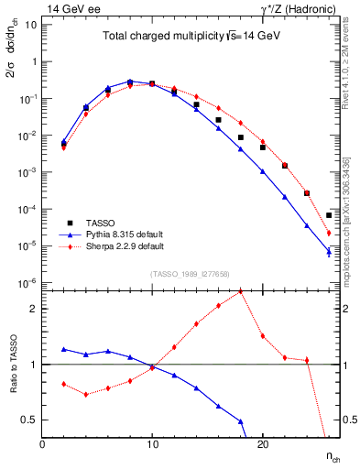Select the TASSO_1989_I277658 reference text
[189, 273]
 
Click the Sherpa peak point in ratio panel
[240, 291]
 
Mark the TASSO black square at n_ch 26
[329, 215]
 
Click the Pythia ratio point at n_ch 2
[64, 349]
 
